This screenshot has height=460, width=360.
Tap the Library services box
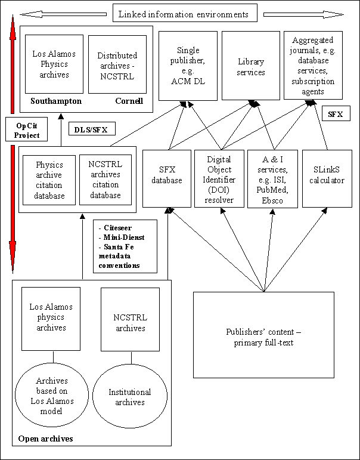click(x=251, y=66)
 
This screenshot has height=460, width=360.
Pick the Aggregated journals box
click(x=313, y=65)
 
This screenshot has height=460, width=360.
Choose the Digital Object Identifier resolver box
click(x=219, y=178)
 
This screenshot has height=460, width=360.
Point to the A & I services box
click(x=272, y=178)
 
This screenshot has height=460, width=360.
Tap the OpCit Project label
click(x=27, y=131)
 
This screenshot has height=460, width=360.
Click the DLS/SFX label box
click(x=91, y=128)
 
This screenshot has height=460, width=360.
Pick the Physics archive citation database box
click(x=49, y=179)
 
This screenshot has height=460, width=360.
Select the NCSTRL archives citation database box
click(x=105, y=179)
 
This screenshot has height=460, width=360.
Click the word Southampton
click(x=57, y=101)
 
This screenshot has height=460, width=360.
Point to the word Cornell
click(x=129, y=101)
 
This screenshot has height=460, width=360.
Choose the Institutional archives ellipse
click(x=129, y=397)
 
